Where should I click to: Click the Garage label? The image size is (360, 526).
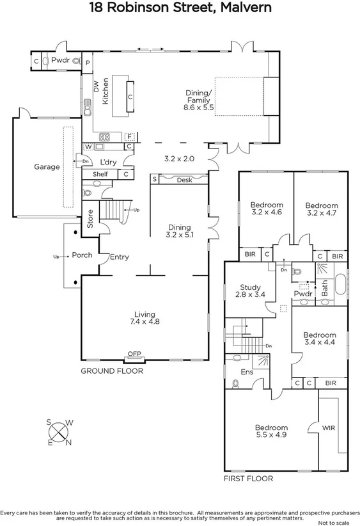[x=47, y=167]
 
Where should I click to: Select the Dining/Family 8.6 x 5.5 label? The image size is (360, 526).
[x=198, y=100]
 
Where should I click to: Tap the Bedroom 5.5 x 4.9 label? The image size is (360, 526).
[x=271, y=431]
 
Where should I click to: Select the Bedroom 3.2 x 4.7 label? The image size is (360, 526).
[x=320, y=209]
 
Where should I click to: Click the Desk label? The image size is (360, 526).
[x=184, y=180]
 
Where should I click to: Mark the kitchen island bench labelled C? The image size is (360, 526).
[x=130, y=98]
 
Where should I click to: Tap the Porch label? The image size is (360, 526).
[x=82, y=255]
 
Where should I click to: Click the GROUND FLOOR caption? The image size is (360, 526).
[x=111, y=371]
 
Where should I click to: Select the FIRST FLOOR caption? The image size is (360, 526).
[x=247, y=479]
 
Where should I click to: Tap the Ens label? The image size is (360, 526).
[x=246, y=372]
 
